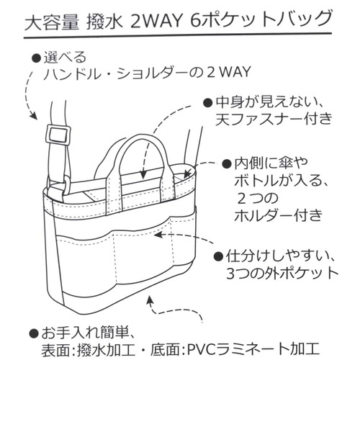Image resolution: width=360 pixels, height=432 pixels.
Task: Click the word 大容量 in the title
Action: (x=51, y=22)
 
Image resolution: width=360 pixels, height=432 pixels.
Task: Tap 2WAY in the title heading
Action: (x=156, y=22)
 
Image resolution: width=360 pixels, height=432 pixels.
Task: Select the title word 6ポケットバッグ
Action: (x=261, y=19)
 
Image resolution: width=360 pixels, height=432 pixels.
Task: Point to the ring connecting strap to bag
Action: (x=67, y=186)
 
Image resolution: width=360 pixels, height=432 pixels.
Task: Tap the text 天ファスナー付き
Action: (x=274, y=119)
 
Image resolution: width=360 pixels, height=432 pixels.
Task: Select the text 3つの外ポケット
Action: (x=282, y=273)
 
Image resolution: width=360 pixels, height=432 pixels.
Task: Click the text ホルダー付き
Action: (x=278, y=215)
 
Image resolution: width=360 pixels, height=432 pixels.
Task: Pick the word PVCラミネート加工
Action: (x=253, y=349)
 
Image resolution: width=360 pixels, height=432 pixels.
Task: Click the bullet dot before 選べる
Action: (x=36, y=58)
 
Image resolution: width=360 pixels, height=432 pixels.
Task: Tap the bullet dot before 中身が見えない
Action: (x=207, y=103)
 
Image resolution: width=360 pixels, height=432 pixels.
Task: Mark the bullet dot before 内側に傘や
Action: (x=226, y=164)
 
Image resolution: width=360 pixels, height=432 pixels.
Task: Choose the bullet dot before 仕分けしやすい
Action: (x=218, y=256)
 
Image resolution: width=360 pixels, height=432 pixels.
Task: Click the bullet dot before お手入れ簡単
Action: (x=33, y=333)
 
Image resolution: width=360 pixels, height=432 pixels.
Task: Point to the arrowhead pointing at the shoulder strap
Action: (x=34, y=116)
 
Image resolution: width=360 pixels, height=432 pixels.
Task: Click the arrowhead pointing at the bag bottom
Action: (x=150, y=300)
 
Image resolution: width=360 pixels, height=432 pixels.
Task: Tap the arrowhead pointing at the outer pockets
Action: (x=158, y=235)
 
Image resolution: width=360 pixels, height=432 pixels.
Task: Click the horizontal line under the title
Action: (x=178, y=35)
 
